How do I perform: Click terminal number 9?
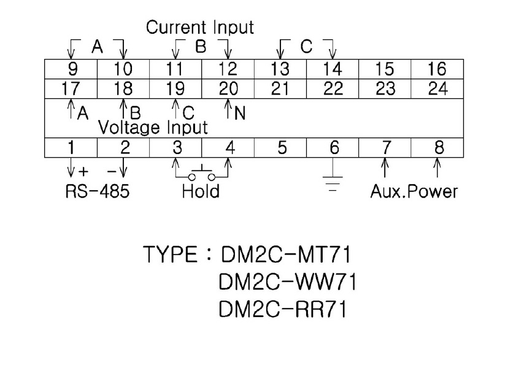pos(71,69)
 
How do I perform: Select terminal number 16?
pos(437,69)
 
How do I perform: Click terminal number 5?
pos(282,148)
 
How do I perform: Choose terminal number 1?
pos(71,148)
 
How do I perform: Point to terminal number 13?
pos(280,69)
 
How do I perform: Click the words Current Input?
pos(199,28)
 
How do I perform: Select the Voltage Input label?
pos(153,128)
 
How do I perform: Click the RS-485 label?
pos(98,191)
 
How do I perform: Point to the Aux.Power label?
pos(414,191)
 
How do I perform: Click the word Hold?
pos(201,191)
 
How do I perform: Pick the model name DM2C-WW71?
pos(287,282)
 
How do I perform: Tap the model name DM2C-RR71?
pos(282,310)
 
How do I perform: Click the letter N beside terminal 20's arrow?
pos(240,113)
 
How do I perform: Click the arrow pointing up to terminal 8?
pos(437,167)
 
